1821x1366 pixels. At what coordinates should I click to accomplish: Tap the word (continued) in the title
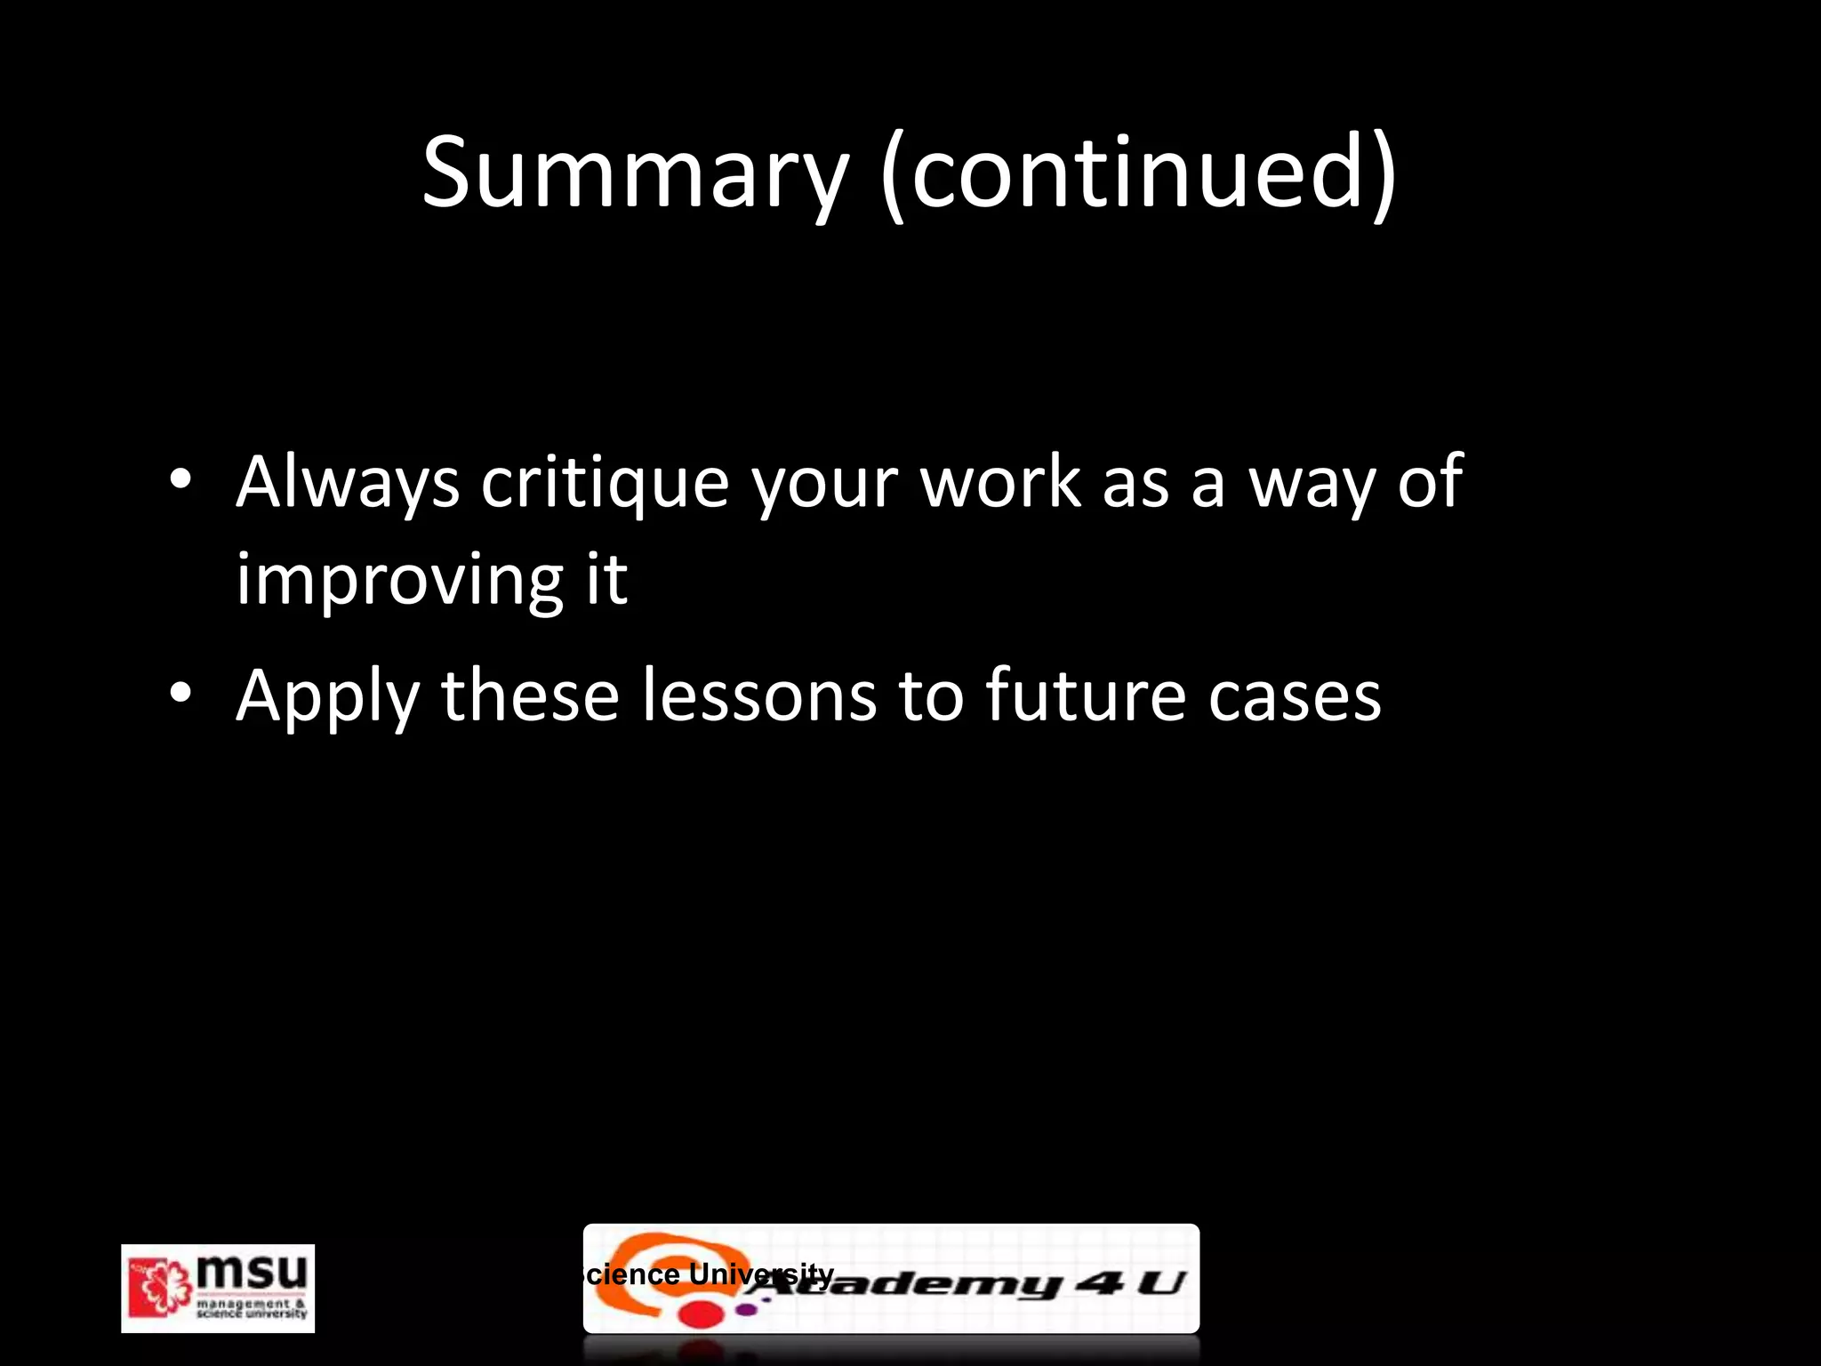pyautogui.click(x=1139, y=173)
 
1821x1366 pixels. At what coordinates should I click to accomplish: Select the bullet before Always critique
pyautogui.click(x=180, y=479)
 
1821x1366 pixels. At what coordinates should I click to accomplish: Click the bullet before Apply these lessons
pyautogui.click(x=180, y=693)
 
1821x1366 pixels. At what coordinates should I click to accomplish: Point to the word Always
pyautogui.click(x=348, y=483)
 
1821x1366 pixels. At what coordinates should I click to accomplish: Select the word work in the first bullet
pyautogui.click(x=1000, y=483)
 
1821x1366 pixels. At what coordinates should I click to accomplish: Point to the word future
pyautogui.click(x=1085, y=695)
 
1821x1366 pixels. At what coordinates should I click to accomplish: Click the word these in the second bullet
pyautogui.click(x=530, y=695)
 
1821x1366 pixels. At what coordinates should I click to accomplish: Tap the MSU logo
pyautogui.click(x=218, y=1288)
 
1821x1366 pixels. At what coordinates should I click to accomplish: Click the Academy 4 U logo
pyautogui.click(x=891, y=1279)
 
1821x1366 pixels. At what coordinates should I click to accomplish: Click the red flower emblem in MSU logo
pyautogui.click(x=160, y=1286)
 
